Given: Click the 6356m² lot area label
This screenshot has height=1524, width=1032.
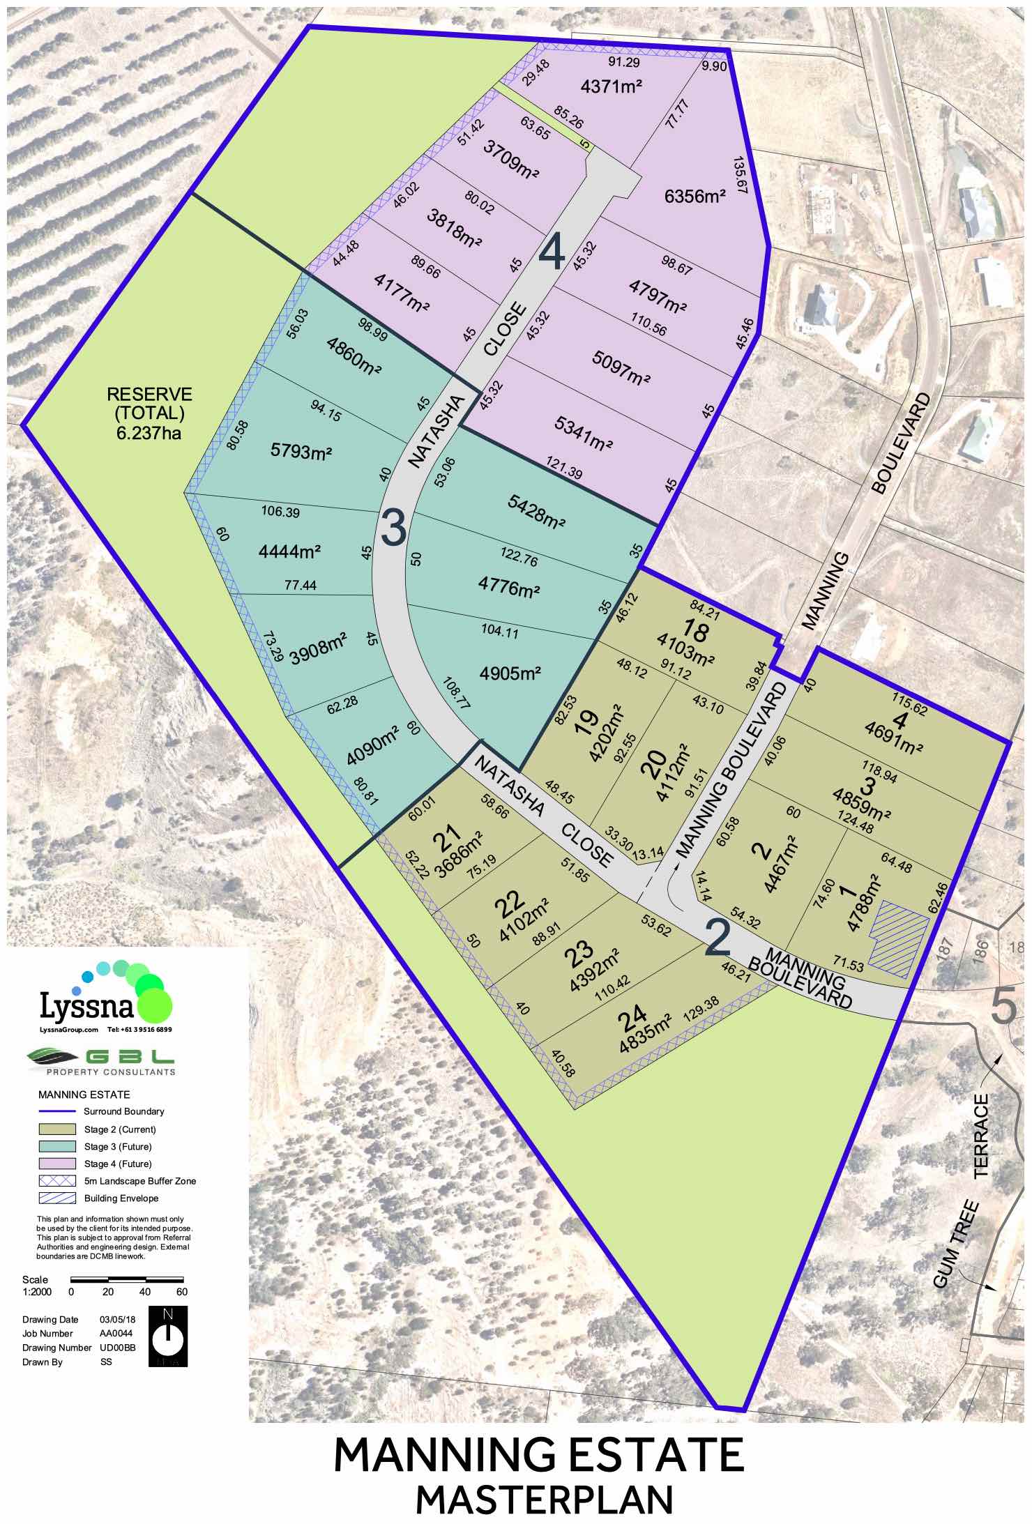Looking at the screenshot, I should pyautogui.click(x=695, y=196).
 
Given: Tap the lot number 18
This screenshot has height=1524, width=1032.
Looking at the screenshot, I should pyautogui.click(x=695, y=632).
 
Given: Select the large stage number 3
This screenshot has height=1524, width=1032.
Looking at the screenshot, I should pyautogui.click(x=394, y=528).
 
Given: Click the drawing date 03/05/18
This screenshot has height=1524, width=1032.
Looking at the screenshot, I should pyautogui.click(x=118, y=1319).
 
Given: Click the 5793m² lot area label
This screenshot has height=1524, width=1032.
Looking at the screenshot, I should pyautogui.click(x=301, y=451).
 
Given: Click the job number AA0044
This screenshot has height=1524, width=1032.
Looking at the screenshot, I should pyautogui.click(x=116, y=1333).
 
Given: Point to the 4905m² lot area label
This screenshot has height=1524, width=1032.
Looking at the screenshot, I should pyautogui.click(x=510, y=673).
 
